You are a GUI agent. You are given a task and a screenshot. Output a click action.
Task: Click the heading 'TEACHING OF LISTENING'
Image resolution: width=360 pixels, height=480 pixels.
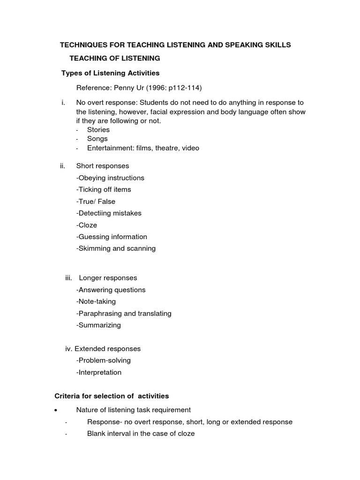coord(115,58)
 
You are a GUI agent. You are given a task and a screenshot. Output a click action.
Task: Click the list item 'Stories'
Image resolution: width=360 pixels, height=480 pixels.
coord(98,129)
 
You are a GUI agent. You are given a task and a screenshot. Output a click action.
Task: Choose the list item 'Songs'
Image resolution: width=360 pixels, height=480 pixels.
coord(97,139)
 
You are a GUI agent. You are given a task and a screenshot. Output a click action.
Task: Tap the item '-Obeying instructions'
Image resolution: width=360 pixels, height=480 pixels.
coord(110,178)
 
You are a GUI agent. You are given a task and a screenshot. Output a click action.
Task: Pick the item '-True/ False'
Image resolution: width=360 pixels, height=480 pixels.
coord(96,202)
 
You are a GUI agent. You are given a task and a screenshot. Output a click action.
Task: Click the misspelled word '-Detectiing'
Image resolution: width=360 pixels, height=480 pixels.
coord(93,213)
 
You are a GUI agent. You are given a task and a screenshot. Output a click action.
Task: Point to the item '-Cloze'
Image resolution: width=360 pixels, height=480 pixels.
coord(87,225)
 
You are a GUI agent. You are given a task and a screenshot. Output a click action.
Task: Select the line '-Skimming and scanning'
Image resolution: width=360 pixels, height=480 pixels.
coord(116,248)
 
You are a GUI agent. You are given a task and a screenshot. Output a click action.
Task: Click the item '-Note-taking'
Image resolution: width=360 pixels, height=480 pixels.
coord(96,301)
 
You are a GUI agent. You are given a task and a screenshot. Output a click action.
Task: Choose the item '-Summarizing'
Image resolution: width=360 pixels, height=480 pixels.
coord(98,325)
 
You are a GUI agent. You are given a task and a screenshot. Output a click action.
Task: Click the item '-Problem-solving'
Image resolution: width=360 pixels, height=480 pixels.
coord(103,360)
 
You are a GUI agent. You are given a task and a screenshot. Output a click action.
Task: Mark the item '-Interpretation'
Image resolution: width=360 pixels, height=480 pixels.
coord(98,373)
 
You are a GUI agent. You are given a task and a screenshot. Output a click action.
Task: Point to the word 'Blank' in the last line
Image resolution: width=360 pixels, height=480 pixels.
coord(97,434)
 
